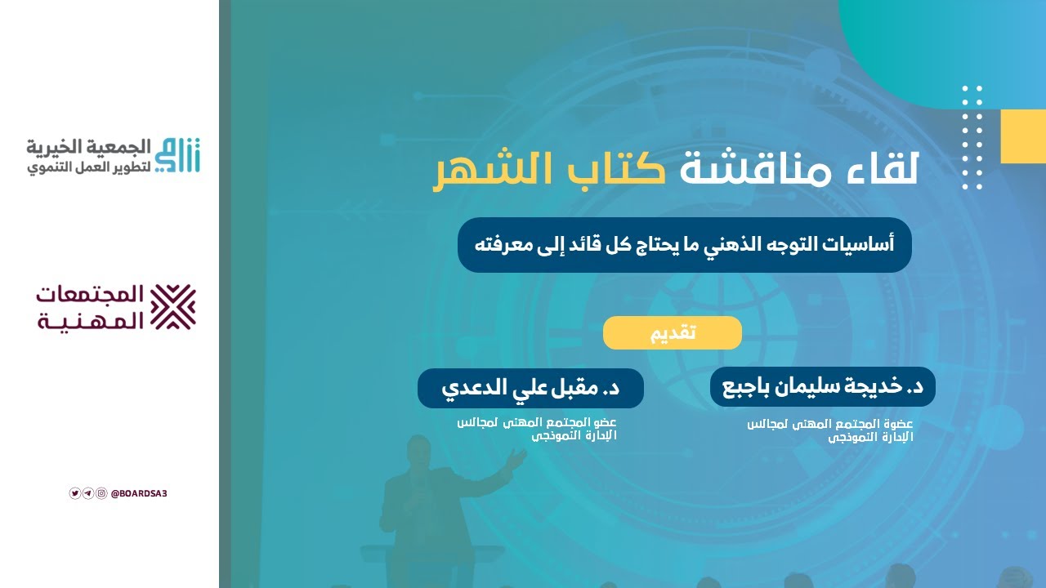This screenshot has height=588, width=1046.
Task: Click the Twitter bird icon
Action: pyautogui.click(x=75, y=493)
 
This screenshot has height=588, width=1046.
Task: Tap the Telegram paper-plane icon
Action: pyautogui.click(x=88, y=493)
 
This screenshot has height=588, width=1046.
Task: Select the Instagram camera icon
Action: pyautogui.click(x=101, y=493)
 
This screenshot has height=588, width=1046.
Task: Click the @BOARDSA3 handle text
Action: pyautogui.click(x=138, y=493)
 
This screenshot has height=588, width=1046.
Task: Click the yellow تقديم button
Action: pyautogui.click(x=672, y=333)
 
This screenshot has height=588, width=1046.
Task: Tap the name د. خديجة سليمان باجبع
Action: pyautogui.click(x=823, y=387)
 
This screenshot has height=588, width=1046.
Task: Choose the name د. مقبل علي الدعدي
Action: pyautogui.click(x=530, y=388)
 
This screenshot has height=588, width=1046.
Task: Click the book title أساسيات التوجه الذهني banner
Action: pyautogui.click(x=684, y=244)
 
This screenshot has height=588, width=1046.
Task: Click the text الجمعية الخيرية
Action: pyautogui.click(x=90, y=147)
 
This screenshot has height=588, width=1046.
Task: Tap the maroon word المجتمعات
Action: pyautogui.click(x=90, y=295)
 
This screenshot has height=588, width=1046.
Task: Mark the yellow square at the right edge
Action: pyautogui.click(x=1023, y=136)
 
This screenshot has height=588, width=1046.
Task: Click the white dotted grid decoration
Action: pyautogui.click(x=972, y=137)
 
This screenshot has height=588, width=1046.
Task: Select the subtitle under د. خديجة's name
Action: pyautogui.click(x=830, y=430)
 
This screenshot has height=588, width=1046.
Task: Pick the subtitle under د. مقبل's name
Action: pyautogui.click(x=537, y=428)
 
